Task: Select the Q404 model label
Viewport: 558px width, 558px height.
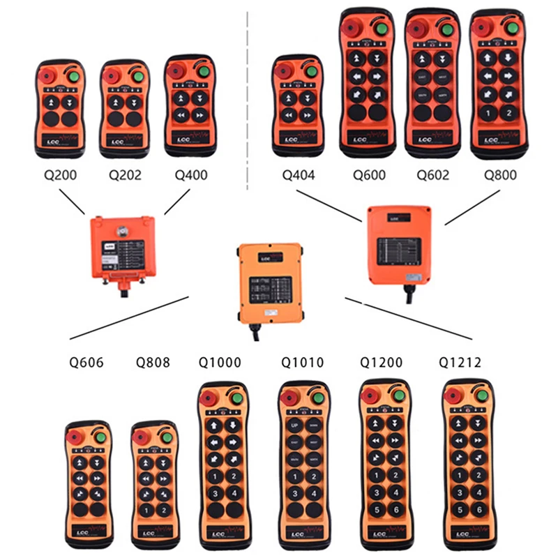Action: [298, 174]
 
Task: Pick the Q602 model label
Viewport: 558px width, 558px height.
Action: [432, 174]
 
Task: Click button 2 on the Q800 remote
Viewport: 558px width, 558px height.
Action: [509, 112]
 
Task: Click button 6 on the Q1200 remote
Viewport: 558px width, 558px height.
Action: [394, 509]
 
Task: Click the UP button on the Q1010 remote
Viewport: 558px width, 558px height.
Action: [293, 425]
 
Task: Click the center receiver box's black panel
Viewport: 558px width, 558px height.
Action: [269, 287]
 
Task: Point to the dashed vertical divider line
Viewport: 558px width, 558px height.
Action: [249, 98]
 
